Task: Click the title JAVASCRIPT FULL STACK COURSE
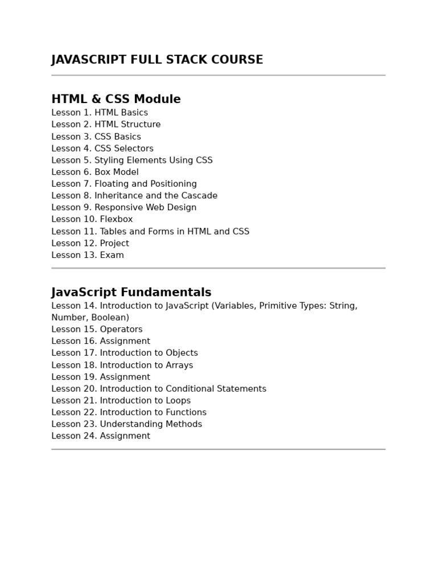[x=157, y=60]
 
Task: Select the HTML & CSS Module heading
[x=116, y=100]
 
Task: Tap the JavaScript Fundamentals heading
[x=131, y=293]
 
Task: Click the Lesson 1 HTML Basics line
[x=100, y=113]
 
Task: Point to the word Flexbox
[x=116, y=219]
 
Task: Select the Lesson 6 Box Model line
[x=95, y=172]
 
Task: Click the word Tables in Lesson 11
[x=114, y=232]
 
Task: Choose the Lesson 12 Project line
[x=90, y=244]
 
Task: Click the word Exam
[x=112, y=256]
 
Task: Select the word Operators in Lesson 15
[x=121, y=330]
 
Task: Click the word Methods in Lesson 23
[x=184, y=425]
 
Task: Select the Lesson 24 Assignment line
[x=101, y=437]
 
